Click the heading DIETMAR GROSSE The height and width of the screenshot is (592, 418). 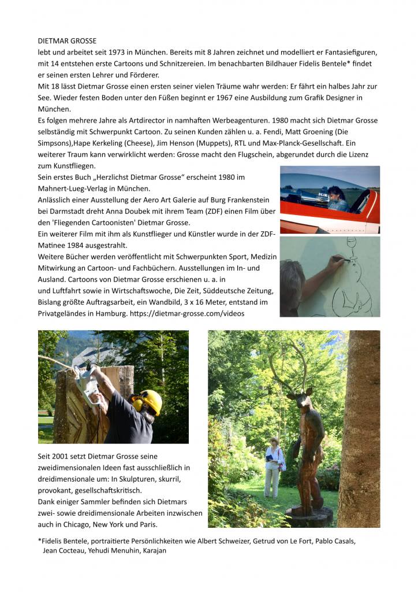(x=67, y=41)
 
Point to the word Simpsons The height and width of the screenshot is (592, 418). (x=57, y=143)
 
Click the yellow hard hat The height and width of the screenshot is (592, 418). (x=151, y=399)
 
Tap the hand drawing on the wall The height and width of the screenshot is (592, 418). (x=337, y=262)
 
